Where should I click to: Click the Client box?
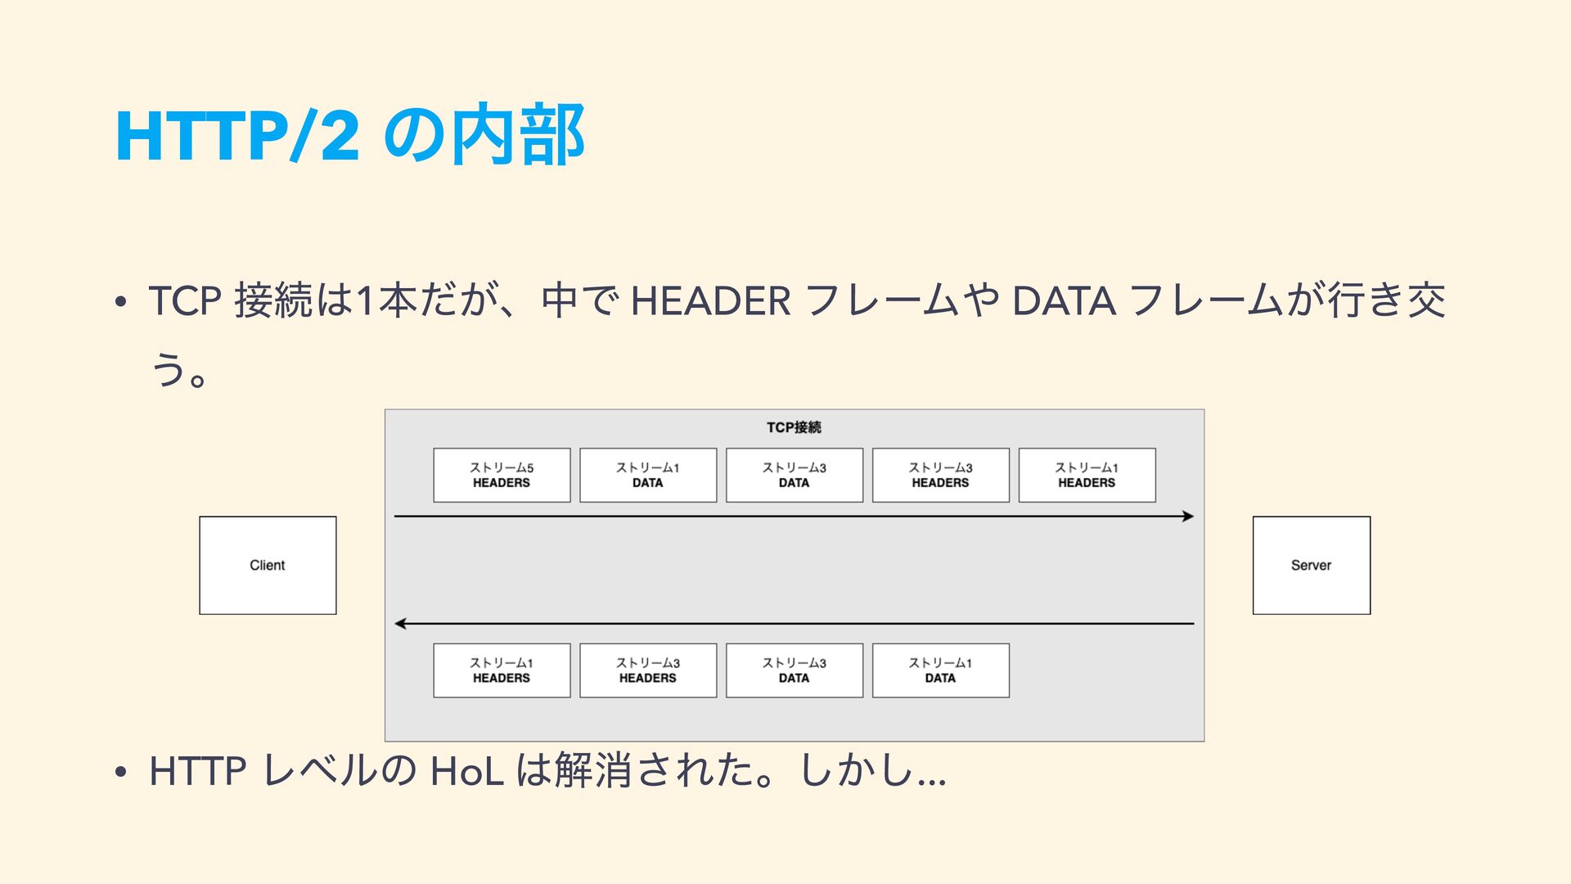point(268,565)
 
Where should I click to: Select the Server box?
point(1311,565)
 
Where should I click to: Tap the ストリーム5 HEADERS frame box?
point(502,475)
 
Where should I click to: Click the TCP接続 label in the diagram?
point(794,427)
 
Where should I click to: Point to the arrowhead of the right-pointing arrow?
point(1188,516)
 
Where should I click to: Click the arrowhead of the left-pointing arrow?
point(400,624)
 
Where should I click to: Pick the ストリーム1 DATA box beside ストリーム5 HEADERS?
point(648,475)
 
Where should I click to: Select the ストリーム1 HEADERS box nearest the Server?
point(1087,475)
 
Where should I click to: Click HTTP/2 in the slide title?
point(237,135)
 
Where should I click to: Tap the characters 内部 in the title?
point(518,135)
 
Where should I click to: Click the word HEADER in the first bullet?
point(710,300)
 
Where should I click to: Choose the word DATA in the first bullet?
point(1064,300)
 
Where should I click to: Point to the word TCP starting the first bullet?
point(185,300)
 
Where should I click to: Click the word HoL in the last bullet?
point(466,771)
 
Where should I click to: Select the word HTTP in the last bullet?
point(197,771)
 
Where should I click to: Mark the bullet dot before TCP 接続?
point(120,302)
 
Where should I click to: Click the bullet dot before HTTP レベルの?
point(120,772)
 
